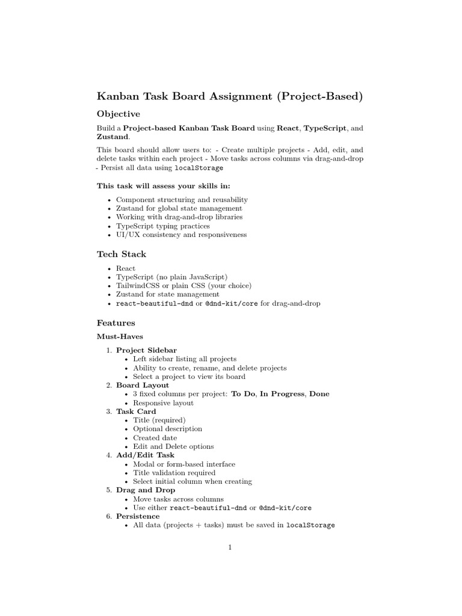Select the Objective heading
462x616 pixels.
pos(119,114)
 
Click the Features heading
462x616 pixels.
pos(116,323)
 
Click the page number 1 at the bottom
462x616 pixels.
pos(230,547)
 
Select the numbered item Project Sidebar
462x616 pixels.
pos(146,350)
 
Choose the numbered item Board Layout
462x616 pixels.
pos(143,385)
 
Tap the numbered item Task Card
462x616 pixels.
pos(136,411)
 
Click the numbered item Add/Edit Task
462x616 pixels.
pos(145,455)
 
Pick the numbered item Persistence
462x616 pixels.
pos(138,516)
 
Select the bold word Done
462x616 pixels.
pos(319,394)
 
